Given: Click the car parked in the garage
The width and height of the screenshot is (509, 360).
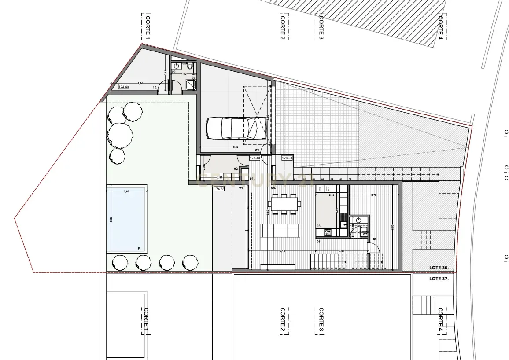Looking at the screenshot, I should coord(232,128).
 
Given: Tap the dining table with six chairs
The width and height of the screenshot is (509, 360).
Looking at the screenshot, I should coord(286,204).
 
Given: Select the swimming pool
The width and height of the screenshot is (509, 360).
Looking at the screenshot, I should coord(127,219).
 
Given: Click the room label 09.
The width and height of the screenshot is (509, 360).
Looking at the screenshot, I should coord(174,72).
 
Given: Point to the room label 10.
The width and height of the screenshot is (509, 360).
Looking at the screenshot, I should coord(155,88).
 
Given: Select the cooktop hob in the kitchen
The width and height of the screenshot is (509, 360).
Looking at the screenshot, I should coord(327,232).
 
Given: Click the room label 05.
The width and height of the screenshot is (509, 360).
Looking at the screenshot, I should coord(319,226).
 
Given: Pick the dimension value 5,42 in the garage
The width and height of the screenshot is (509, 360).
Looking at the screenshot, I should coord(236,147).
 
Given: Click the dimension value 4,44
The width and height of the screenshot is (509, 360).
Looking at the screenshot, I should coord(140,83).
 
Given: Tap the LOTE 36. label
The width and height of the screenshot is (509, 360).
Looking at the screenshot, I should coord(439,268).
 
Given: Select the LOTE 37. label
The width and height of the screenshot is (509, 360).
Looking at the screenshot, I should coord(439,279).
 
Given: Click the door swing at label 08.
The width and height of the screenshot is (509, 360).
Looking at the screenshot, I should coord(373,247).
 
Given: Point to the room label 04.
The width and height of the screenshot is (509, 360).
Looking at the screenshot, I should coord(273,188).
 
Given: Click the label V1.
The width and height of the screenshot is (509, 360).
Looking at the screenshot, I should coord(241,188).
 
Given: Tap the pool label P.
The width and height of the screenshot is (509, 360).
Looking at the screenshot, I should coord(139,249).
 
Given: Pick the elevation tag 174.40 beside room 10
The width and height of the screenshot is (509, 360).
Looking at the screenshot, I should coord(124,87).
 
